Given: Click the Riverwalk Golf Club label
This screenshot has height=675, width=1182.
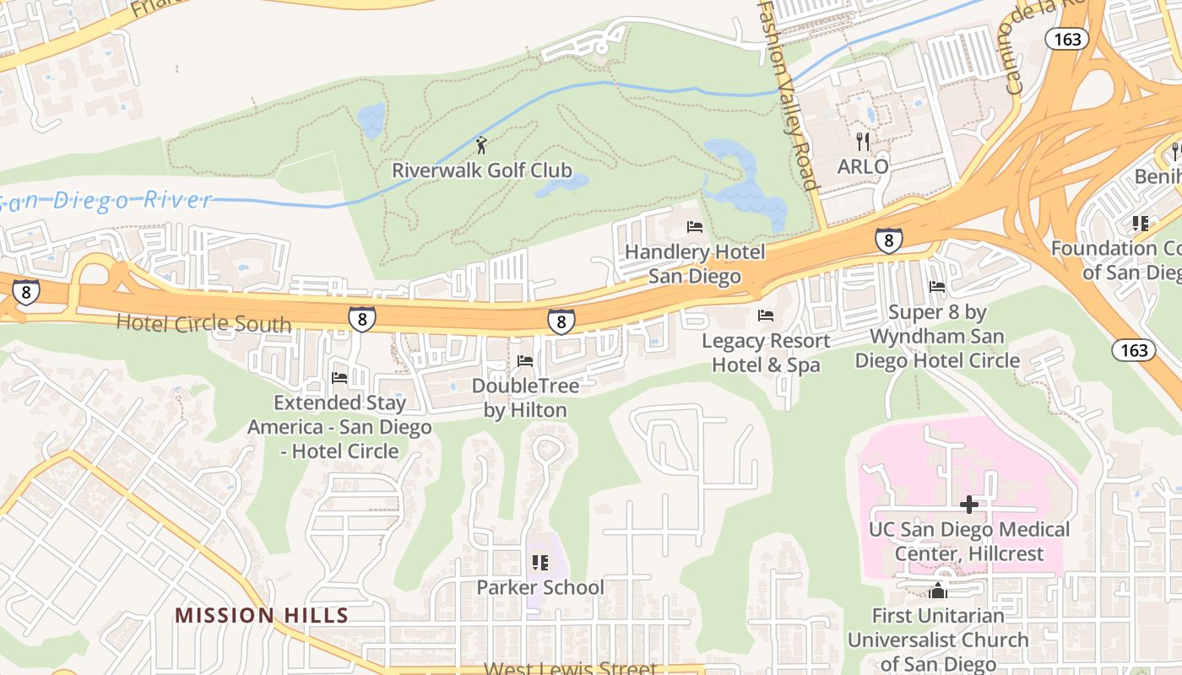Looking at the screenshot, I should click(481, 170).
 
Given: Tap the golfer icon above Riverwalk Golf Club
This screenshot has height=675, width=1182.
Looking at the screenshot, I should click(481, 145).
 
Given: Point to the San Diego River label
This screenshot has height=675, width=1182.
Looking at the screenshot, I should click(106, 201).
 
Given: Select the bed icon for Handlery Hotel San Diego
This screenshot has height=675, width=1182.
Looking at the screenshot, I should click(695, 227).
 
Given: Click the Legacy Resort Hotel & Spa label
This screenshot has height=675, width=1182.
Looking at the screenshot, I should click(766, 353).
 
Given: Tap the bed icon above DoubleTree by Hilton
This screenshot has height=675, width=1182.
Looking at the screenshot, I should click(525, 362).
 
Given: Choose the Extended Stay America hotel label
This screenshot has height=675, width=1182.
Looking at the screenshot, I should click(339, 427).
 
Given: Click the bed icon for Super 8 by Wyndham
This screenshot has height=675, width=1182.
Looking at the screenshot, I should click(937, 287).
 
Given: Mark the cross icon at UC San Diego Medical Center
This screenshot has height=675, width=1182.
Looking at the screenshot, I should click(969, 505).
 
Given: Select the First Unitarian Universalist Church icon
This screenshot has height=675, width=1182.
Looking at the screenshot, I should click(937, 591).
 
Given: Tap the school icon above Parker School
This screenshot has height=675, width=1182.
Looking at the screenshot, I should click(539, 563).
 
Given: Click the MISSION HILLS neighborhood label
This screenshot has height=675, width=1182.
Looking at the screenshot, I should click(262, 615).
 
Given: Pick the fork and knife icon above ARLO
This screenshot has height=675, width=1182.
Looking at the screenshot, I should click(862, 141).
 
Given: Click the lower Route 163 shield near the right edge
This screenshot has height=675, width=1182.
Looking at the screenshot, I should click(1133, 349).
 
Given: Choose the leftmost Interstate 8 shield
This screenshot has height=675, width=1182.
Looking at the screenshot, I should click(25, 292).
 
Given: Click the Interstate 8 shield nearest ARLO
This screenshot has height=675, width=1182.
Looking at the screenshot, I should click(888, 240).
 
